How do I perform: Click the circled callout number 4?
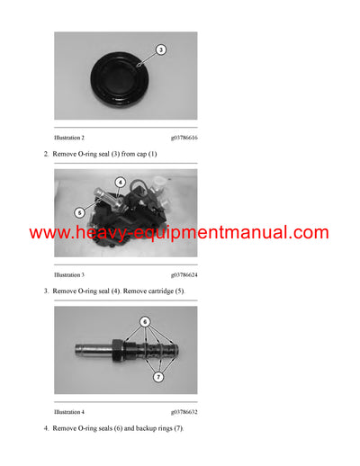pyautogui.click(x=121, y=183)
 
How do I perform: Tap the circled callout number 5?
pyautogui.click(x=78, y=212)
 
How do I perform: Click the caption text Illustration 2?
pyautogui.click(x=69, y=138)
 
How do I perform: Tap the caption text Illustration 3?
pyautogui.click(x=69, y=274)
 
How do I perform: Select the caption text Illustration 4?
pyautogui.click(x=69, y=411)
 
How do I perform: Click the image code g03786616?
pyautogui.click(x=184, y=138)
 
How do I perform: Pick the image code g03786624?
pyautogui.click(x=184, y=274)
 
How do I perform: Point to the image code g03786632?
pyautogui.click(x=184, y=411)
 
